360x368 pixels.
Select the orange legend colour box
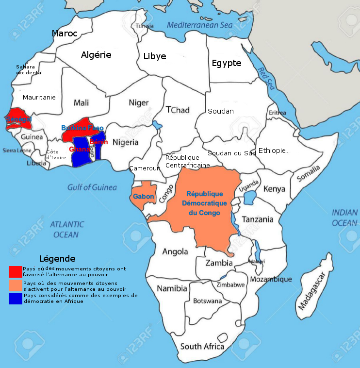click(x=16, y=285)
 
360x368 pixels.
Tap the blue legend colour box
click(x=16, y=298)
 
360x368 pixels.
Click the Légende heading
click(x=57, y=259)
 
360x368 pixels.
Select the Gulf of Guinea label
click(x=92, y=187)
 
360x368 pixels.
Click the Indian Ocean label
click(x=344, y=217)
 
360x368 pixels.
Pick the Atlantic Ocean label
click(x=66, y=229)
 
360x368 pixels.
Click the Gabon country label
click(x=144, y=197)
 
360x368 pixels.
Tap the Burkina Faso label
click(x=82, y=128)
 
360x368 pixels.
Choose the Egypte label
click(x=226, y=63)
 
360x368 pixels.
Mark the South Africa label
click(x=202, y=347)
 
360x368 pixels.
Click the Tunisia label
click(x=145, y=26)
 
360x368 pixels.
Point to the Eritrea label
click(x=277, y=113)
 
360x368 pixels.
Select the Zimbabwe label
click(x=230, y=285)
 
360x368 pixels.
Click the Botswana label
click(x=207, y=301)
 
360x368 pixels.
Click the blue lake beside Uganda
click(x=250, y=198)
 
